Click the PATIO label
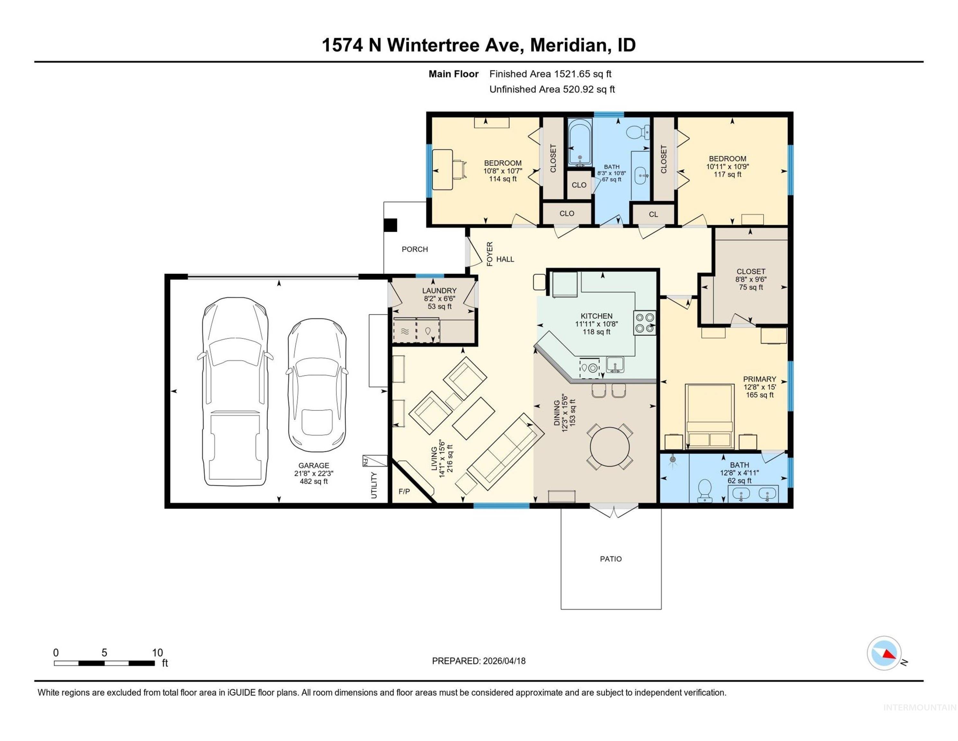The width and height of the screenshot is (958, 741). pyautogui.click(x=611, y=559)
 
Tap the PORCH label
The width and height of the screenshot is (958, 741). pyautogui.click(x=415, y=249)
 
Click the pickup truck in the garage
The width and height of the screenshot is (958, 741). pyautogui.click(x=235, y=391)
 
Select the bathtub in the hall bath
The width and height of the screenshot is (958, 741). pyautogui.click(x=580, y=143)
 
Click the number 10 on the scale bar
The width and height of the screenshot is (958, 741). pyautogui.click(x=157, y=653)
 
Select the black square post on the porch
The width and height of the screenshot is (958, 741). pyautogui.click(x=390, y=225)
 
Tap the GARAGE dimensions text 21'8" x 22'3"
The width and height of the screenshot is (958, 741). pyautogui.click(x=314, y=473)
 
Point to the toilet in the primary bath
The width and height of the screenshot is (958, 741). pyautogui.click(x=704, y=489)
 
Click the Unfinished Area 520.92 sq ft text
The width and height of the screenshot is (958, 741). pyautogui.click(x=552, y=89)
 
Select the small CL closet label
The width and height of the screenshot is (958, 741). pyautogui.click(x=653, y=214)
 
